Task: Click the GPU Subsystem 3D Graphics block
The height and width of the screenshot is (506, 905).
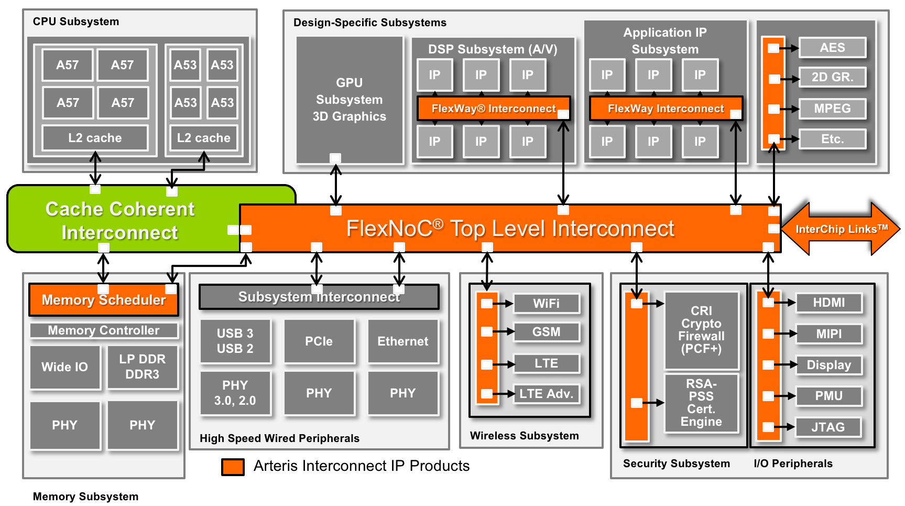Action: [x=350, y=100]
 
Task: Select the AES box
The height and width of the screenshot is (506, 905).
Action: [x=832, y=48]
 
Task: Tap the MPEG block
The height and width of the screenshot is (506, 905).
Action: [x=832, y=109]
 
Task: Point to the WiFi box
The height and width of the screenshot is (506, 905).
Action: [x=547, y=304]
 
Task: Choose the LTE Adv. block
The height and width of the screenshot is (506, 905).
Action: [x=547, y=394]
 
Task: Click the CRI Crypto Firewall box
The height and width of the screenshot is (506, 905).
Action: [x=701, y=330]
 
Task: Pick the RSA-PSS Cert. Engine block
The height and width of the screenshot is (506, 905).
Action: [x=701, y=403]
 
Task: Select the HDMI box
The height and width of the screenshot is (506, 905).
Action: [x=828, y=303]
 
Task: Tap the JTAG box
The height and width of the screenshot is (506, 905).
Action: [x=828, y=427]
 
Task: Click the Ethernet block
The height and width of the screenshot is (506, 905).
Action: [x=403, y=341]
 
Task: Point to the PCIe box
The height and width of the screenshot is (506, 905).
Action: [x=319, y=341]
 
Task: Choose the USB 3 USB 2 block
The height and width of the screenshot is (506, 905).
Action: [x=235, y=341]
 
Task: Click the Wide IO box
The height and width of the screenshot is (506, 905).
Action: [x=65, y=367]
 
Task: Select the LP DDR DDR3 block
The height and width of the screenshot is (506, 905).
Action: [x=143, y=367]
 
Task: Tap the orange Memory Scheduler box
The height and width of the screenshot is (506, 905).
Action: [x=104, y=300]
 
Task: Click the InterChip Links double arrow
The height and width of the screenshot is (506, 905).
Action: [x=841, y=229]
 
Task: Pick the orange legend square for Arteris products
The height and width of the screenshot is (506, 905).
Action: [x=233, y=467]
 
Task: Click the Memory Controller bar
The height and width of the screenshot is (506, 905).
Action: [x=104, y=330]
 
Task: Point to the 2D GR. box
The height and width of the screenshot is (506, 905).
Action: [x=832, y=77]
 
